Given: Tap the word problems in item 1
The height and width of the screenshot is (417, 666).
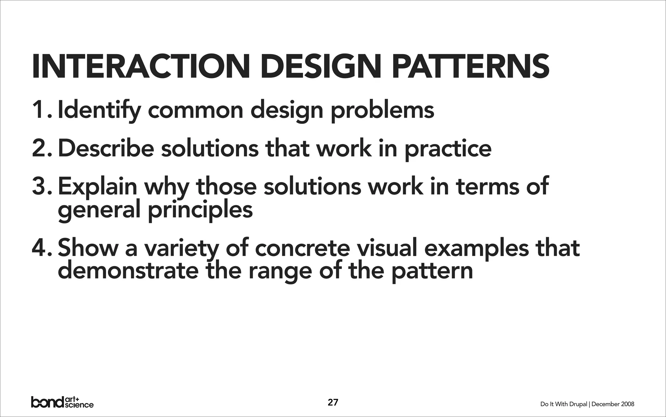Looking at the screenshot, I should point(382,111).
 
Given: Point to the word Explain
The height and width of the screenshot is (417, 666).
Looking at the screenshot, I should point(98,186).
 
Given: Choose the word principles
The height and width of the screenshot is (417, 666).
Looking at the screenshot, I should point(200,210).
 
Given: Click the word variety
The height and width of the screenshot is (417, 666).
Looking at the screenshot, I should point(181,248).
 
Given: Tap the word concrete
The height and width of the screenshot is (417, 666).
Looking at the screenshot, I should point(302,248).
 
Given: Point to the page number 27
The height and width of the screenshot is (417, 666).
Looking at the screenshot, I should point(333,402).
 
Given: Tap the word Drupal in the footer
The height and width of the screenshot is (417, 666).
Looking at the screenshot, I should point(578,404).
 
